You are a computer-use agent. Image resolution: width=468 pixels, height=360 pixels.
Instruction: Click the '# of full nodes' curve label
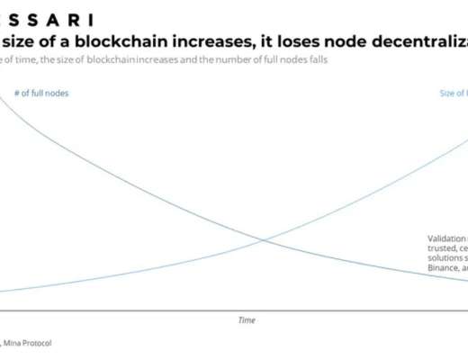tap(41, 93)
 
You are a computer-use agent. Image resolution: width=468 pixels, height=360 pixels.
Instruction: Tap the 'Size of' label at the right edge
tap(453, 93)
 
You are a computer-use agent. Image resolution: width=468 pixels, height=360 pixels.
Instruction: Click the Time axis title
tap(247, 319)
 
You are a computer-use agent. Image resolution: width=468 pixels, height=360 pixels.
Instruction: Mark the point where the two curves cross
tap(263, 239)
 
